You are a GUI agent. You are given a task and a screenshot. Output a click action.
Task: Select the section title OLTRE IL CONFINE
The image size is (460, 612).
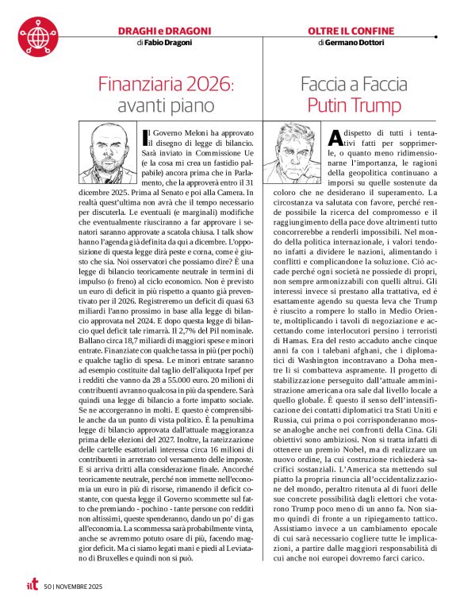click(x=351, y=30)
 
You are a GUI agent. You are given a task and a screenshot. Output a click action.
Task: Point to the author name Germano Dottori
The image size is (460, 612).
click(x=356, y=42)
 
